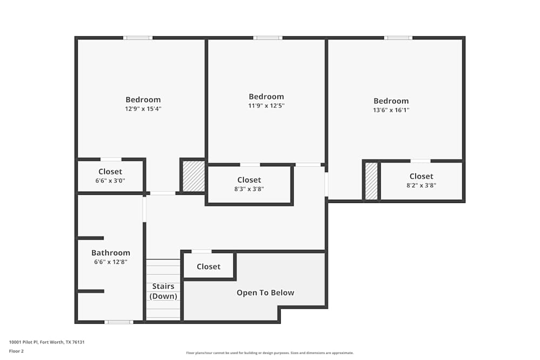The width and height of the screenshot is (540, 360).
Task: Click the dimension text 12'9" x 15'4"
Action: click(x=143, y=108)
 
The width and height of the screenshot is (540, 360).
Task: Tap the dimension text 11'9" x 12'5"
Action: click(x=266, y=106)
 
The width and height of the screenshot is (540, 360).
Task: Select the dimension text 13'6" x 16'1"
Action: click(x=391, y=110)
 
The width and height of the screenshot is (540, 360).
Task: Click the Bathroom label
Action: click(x=111, y=253)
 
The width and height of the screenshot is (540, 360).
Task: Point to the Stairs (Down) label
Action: click(x=163, y=291)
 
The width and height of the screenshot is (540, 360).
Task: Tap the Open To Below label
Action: click(x=265, y=293)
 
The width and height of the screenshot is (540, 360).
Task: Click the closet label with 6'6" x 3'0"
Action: click(x=110, y=172)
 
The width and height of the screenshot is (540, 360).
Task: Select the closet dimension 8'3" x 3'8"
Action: click(x=249, y=189)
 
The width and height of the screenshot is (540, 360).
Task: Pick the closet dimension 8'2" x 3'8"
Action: click(x=421, y=185)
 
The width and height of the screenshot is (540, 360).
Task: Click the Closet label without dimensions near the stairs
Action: click(x=208, y=267)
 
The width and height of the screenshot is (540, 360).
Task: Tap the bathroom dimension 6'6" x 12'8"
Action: click(x=111, y=262)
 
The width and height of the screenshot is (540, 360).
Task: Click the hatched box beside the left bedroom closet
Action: click(x=193, y=176)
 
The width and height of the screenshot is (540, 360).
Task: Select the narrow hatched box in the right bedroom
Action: click(x=371, y=181)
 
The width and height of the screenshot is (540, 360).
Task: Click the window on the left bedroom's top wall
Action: click(x=138, y=38)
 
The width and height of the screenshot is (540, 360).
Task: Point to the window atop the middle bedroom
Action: click(x=268, y=38)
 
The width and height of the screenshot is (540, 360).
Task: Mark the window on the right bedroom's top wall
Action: click(x=399, y=38)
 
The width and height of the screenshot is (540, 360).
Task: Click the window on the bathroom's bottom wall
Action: click(x=119, y=322)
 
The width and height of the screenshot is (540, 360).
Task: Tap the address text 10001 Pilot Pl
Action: click(x=47, y=342)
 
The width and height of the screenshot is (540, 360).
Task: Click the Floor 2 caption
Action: click(x=16, y=351)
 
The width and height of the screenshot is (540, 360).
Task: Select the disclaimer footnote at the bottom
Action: click(x=269, y=353)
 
